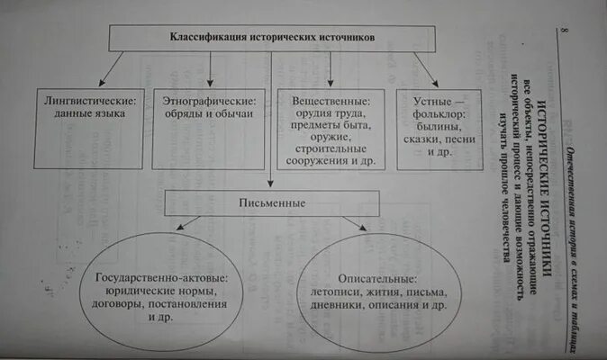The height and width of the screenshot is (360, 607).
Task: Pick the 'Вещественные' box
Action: pyautogui.click(x=331, y=128)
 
